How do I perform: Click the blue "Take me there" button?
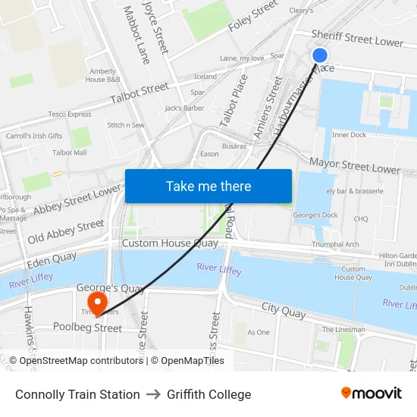[208, 186]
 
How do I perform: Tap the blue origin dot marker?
[320, 55]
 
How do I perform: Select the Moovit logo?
[372, 393]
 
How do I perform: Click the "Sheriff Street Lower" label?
[357, 38]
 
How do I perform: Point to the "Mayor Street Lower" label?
[354, 165]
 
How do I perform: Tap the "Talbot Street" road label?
[140, 92]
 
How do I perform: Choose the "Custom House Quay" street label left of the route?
[170, 243]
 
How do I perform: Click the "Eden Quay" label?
[52, 259]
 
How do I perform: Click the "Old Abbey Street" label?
[66, 231]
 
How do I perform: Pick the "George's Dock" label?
[314, 215]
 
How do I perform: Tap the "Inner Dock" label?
[349, 135]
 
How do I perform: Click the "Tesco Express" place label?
[70, 114]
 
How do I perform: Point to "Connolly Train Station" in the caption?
[77, 394]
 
